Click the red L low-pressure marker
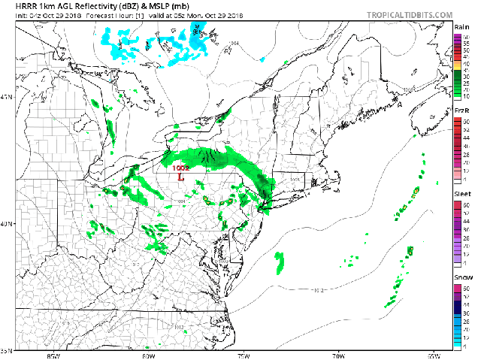(180, 177)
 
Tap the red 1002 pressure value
(180, 168)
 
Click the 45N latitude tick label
(7, 97)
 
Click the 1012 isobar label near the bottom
(178, 327)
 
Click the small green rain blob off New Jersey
(280, 262)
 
